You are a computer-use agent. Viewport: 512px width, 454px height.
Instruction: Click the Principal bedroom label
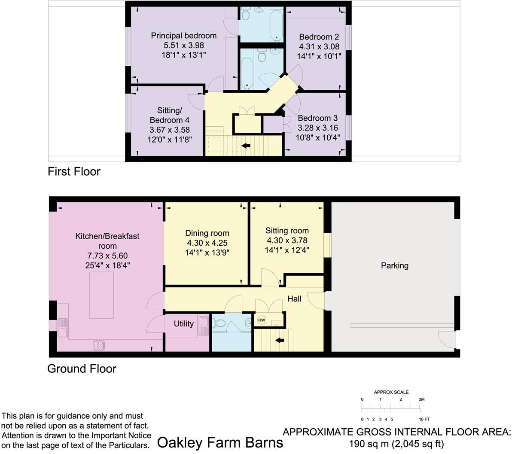(183, 35)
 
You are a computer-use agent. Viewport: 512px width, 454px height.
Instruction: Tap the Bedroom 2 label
(319, 37)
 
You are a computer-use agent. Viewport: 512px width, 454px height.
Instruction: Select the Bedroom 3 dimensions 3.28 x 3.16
(317, 128)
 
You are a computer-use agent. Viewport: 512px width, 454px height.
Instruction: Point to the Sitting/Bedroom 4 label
(169, 115)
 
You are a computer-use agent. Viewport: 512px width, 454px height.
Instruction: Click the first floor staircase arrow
(246, 146)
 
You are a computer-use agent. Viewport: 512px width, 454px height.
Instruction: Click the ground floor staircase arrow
(280, 341)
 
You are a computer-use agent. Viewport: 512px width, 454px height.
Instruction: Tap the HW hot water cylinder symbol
(262, 320)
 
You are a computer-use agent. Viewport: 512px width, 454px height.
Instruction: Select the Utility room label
(183, 324)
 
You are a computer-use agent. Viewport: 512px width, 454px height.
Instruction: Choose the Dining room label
(207, 233)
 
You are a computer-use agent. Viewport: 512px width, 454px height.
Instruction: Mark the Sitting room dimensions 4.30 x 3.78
(287, 241)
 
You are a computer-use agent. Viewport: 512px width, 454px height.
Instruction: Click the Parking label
(394, 265)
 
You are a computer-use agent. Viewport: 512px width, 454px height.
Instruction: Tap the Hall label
(294, 299)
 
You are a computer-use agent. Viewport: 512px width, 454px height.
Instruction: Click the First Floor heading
(74, 172)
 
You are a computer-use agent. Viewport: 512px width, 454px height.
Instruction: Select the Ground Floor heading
(82, 369)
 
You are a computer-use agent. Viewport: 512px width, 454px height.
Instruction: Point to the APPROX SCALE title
(391, 392)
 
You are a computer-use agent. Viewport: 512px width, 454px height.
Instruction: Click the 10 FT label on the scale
(424, 419)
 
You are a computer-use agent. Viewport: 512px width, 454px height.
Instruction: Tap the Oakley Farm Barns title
(220, 442)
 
